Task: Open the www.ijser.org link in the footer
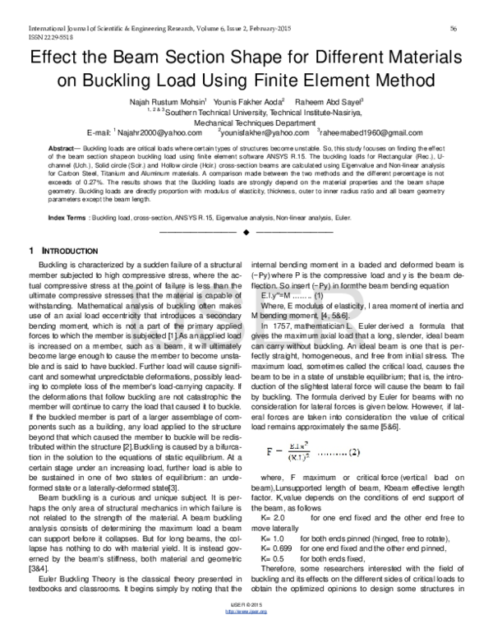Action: (246, 628)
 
